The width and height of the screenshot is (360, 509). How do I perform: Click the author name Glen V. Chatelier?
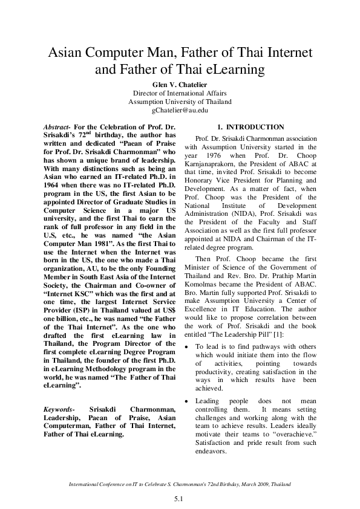pyautogui.click(x=180, y=84)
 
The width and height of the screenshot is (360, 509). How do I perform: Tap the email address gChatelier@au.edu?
pyautogui.click(x=180, y=111)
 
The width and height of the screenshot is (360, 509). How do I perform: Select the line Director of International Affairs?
pyautogui.click(x=180, y=93)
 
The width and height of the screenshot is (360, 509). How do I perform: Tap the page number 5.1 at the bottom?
pyautogui.click(x=180, y=499)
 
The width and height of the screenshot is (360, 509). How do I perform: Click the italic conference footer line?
pyautogui.click(x=180, y=485)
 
